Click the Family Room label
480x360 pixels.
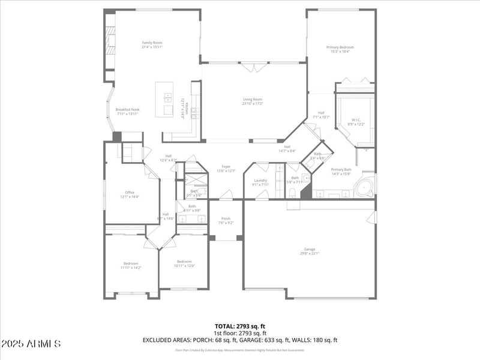click(x=152, y=44)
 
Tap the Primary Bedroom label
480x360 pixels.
click(x=340, y=49)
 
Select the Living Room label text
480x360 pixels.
click(x=252, y=102)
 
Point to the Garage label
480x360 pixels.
click(x=310, y=251)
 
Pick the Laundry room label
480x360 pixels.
click(x=260, y=182)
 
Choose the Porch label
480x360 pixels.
click(x=226, y=220)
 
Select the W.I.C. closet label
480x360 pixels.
click(x=357, y=122)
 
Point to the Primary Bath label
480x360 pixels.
click(x=341, y=172)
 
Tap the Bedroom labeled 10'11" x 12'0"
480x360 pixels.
click(x=184, y=263)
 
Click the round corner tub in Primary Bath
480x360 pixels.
click(x=364, y=188)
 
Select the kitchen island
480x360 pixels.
click(x=164, y=99)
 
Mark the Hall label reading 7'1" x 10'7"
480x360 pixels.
click(x=321, y=115)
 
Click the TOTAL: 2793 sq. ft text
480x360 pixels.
click(x=240, y=326)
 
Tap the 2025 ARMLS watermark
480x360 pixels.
click(x=31, y=344)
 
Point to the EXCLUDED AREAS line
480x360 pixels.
click(x=240, y=340)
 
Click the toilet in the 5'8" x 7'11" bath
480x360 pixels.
click(x=292, y=192)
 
